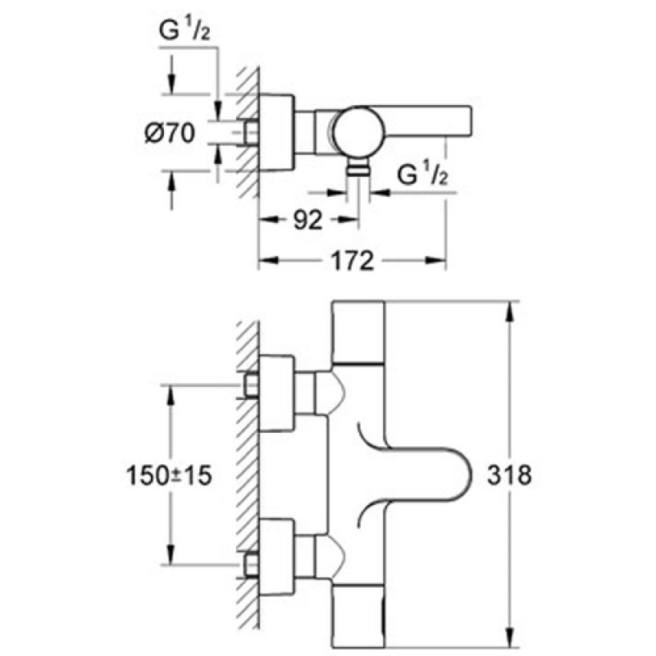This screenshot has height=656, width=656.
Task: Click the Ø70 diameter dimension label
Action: point(170,134)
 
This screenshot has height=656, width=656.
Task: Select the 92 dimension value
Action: point(308,220)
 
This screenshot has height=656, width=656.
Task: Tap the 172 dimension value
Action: point(352,261)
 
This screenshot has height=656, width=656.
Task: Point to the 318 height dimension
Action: point(509,475)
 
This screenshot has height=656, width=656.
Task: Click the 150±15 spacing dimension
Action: point(169,476)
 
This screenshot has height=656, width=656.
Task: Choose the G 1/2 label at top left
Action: point(184,30)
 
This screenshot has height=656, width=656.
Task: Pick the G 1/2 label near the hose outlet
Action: point(422,175)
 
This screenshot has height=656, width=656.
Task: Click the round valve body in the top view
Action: point(358,131)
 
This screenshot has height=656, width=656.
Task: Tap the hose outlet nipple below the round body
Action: point(358,168)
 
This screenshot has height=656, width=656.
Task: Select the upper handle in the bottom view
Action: point(358,332)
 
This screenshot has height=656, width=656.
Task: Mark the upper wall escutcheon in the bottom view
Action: point(277,393)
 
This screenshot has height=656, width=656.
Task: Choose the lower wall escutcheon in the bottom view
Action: point(277,557)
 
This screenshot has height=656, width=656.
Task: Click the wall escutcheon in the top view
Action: point(276,133)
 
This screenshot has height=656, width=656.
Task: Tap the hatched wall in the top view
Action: point(248,133)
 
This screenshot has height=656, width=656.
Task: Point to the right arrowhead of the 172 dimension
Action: point(435,261)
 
